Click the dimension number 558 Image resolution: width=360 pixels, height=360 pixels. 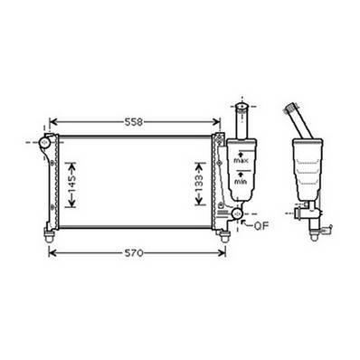pos(134,120)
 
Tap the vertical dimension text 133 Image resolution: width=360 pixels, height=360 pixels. pos(199,184)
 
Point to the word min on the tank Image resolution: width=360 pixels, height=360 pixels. pos(240,182)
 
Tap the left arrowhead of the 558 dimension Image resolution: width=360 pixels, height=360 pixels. pos(52,121)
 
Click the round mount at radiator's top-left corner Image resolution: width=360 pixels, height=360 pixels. pos(44,142)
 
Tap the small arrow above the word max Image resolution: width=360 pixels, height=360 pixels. pos(240,153)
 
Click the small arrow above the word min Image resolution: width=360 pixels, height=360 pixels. pos(240,174)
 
